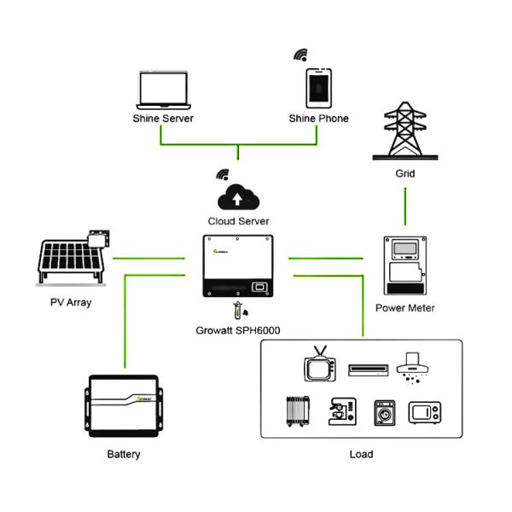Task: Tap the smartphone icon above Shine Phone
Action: (318, 88)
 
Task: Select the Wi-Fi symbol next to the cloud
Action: (223, 175)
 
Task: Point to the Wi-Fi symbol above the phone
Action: (300, 55)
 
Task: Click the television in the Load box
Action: (317, 368)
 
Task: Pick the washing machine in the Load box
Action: (385, 412)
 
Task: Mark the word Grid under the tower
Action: (404, 173)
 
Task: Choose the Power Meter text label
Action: (404, 308)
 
